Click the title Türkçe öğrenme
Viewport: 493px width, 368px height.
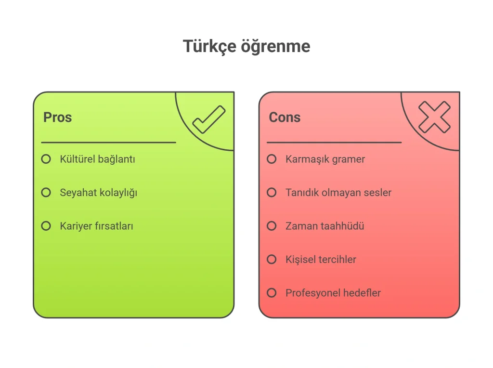click(246, 47)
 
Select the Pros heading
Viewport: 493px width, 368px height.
click(58, 118)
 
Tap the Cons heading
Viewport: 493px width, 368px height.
click(285, 118)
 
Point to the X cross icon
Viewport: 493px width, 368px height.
click(435, 117)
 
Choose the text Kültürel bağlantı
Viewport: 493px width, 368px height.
click(97, 159)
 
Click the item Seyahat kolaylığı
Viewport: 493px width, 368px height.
click(98, 193)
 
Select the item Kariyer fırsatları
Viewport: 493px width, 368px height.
click(96, 226)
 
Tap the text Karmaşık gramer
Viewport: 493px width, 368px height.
click(325, 159)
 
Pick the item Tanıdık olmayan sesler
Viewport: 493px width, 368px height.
click(338, 193)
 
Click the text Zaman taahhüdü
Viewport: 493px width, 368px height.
click(325, 226)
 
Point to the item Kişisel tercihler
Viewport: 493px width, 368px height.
click(321, 260)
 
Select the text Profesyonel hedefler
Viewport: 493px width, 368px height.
click(333, 293)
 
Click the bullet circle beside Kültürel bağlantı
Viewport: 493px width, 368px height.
click(46, 155)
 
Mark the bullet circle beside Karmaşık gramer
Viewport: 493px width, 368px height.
click(272, 155)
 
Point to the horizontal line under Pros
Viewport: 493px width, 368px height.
click(108, 143)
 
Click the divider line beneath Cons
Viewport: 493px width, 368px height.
click(334, 143)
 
